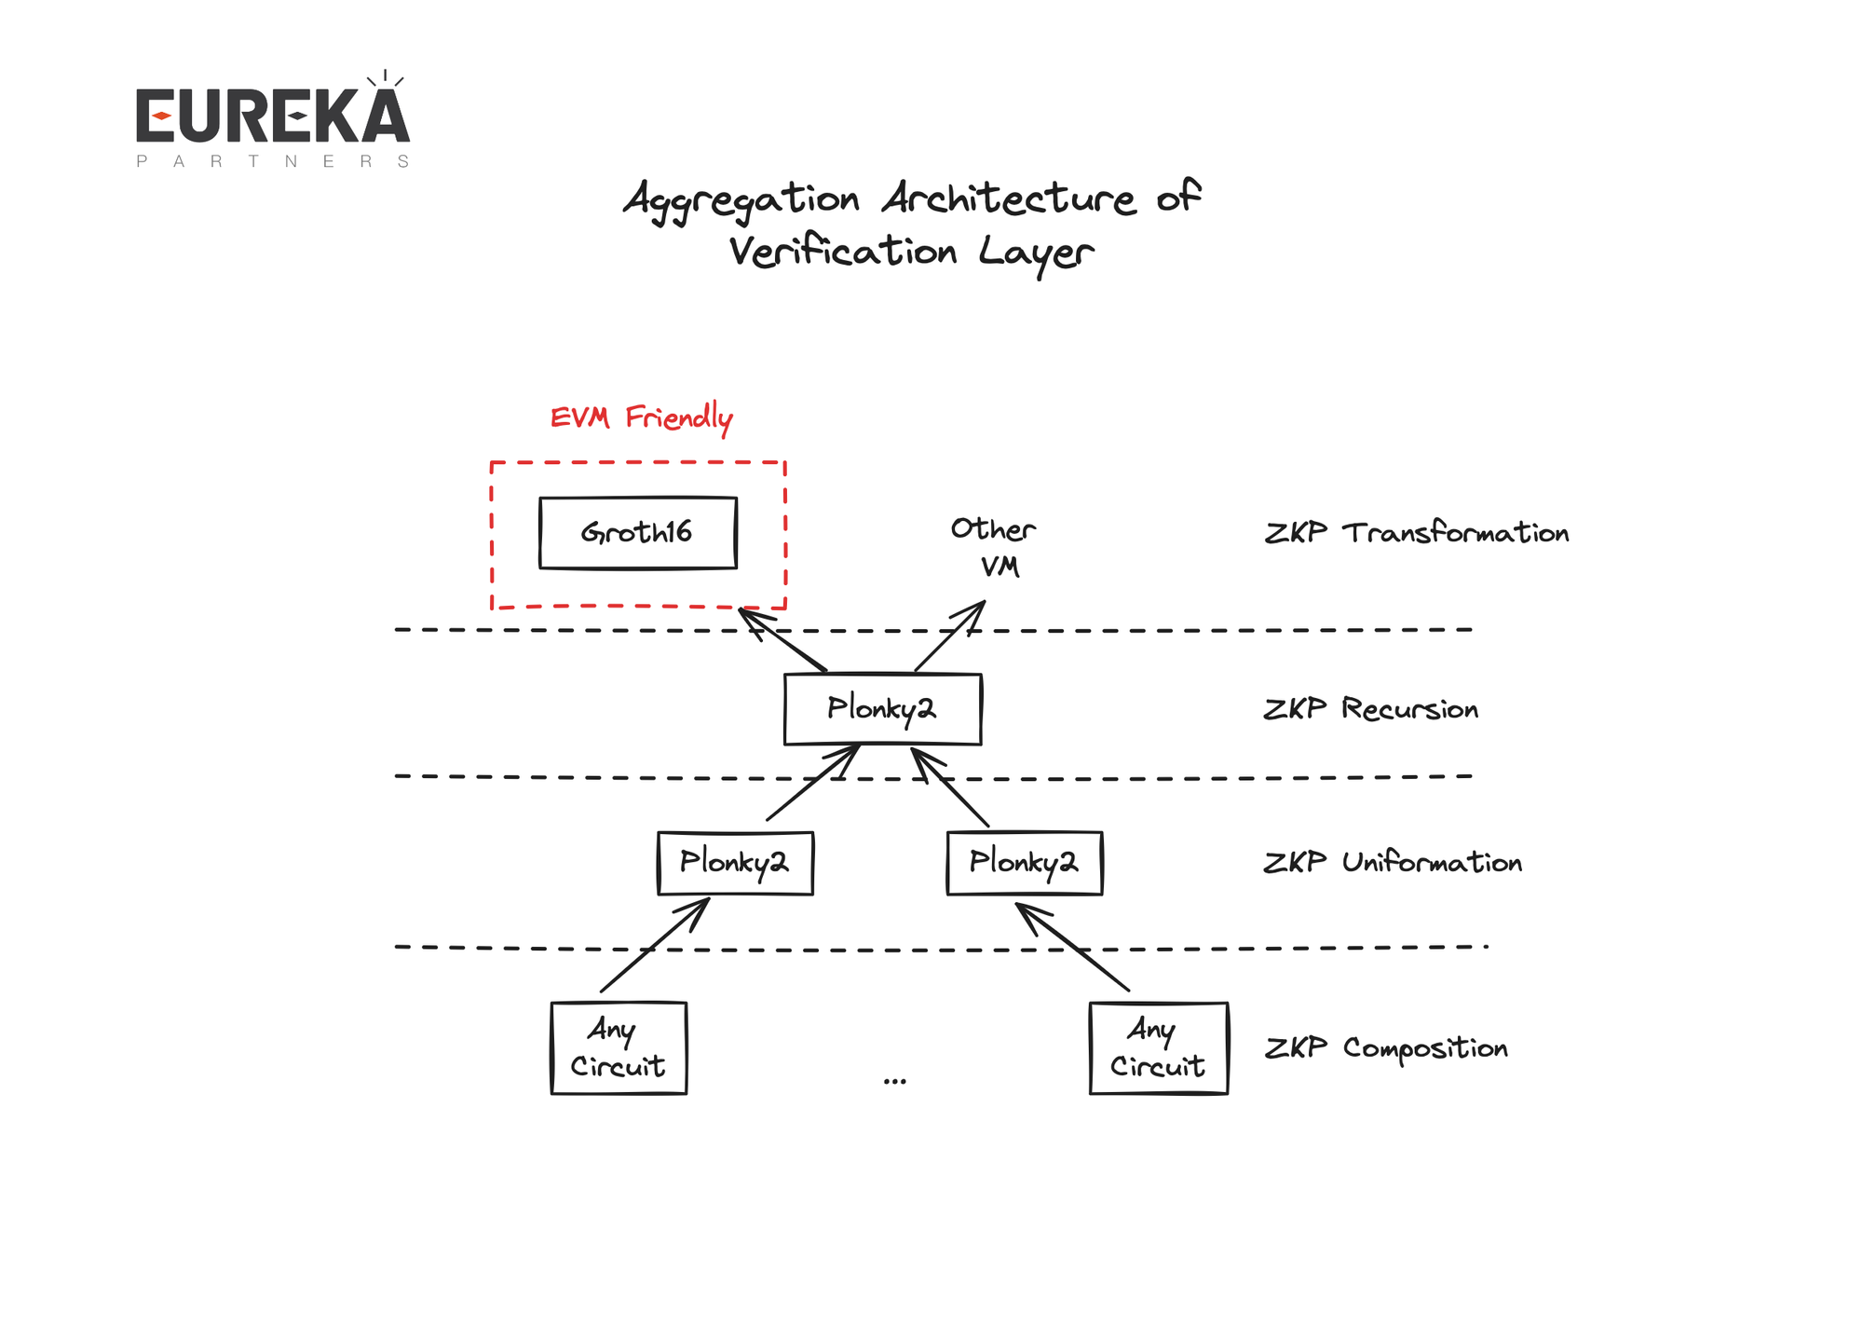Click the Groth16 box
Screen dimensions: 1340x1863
(637, 532)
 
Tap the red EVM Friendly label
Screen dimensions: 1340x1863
(641, 417)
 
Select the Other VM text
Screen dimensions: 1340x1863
(993, 547)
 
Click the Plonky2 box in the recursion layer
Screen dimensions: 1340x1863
(882, 709)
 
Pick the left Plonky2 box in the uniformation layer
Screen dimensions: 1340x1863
(735, 863)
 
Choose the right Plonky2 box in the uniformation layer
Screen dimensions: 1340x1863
(1024, 863)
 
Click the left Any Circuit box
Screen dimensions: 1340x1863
(619, 1047)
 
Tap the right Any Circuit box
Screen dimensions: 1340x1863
(1158, 1047)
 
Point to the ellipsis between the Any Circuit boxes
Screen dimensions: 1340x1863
(894, 1081)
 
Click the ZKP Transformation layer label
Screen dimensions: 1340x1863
(1416, 533)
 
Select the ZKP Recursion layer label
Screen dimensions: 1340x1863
(1370, 709)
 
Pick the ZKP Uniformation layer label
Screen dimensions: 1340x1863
(1393, 863)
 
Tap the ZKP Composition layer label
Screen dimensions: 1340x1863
(1386, 1048)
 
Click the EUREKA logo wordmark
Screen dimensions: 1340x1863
(272, 116)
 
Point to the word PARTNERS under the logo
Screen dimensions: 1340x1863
(272, 161)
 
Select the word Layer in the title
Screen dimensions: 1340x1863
(1036, 253)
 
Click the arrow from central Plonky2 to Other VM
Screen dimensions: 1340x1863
(950, 636)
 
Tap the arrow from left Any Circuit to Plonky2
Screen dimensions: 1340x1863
(655, 945)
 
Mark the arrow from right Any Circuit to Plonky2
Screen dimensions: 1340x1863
(1072, 947)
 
